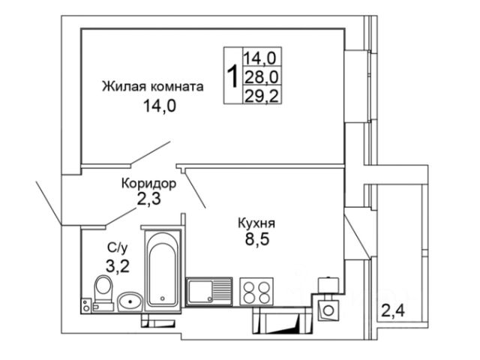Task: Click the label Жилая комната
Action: tap(153, 87)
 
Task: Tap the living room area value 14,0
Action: tap(160, 106)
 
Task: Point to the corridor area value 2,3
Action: tap(149, 199)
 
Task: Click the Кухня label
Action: tap(256, 223)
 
